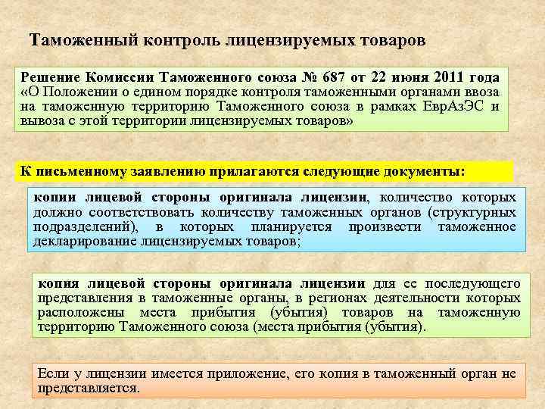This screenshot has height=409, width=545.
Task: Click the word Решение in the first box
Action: pyautogui.click(x=49, y=77)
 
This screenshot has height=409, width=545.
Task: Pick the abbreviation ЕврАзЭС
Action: pyautogui.click(x=452, y=106)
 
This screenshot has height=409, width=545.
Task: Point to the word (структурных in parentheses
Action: pyautogui.click(x=472, y=213)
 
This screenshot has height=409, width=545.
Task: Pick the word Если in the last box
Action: pyautogui.click(x=51, y=373)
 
